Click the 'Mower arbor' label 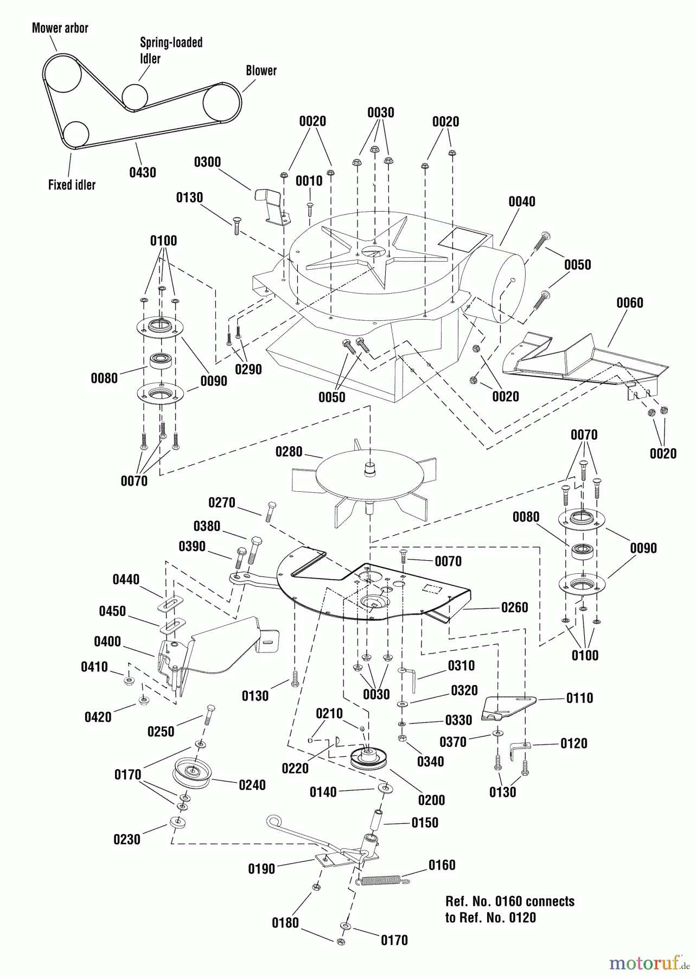pos(60,28)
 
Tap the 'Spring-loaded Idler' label pos(171,50)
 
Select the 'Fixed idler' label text pos(72,185)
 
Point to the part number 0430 pos(143,173)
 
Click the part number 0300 pos(207,162)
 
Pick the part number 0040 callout pos(521,202)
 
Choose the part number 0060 pos(629,302)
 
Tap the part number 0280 pos(289,452)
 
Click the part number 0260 pos(514,607)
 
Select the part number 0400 pos(107,642)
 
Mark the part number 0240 pos(252,785)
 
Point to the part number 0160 pos(442,865)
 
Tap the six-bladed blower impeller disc pos(369,478)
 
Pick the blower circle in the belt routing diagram pos(222,101)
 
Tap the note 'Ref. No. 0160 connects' pos(509,902)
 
